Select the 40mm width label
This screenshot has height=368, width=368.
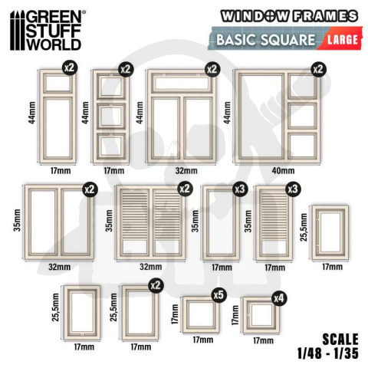point(282,169)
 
